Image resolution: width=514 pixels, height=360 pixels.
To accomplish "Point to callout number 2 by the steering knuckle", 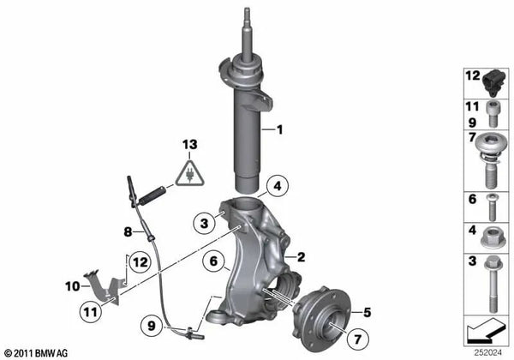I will tap(301, 256).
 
